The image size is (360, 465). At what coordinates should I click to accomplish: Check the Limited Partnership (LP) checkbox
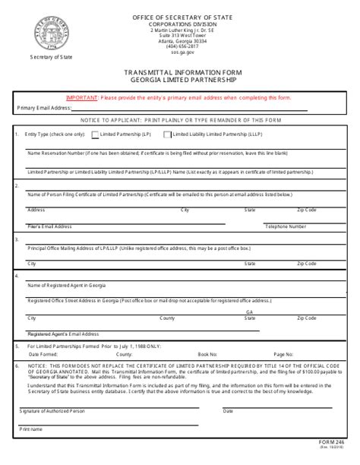(x=94, y=134)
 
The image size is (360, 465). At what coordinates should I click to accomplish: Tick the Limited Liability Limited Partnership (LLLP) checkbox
(x=168, y=134)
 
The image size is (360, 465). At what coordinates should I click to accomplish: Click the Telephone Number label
(x=286, y=226)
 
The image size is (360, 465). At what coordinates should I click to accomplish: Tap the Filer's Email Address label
(x=49, y=226)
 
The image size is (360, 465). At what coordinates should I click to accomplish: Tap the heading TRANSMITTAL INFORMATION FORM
(x=180, y=73)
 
